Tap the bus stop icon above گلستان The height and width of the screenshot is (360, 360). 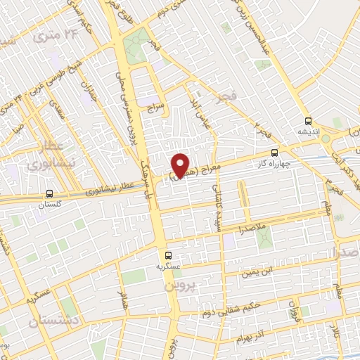tap(49, 193)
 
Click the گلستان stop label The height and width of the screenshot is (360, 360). tap(49, 203)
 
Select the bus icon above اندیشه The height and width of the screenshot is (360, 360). tap(307, 120)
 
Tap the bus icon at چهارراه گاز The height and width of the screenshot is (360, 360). tap(274, 152)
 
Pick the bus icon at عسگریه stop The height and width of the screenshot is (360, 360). tap(167, 256)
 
